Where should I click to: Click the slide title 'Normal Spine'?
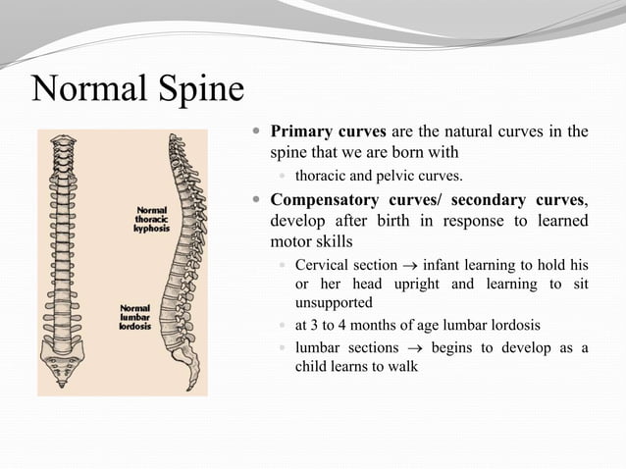click(137, 90)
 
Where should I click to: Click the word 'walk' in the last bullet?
click(401, 367)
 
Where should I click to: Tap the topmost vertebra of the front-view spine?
click(64, 139)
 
